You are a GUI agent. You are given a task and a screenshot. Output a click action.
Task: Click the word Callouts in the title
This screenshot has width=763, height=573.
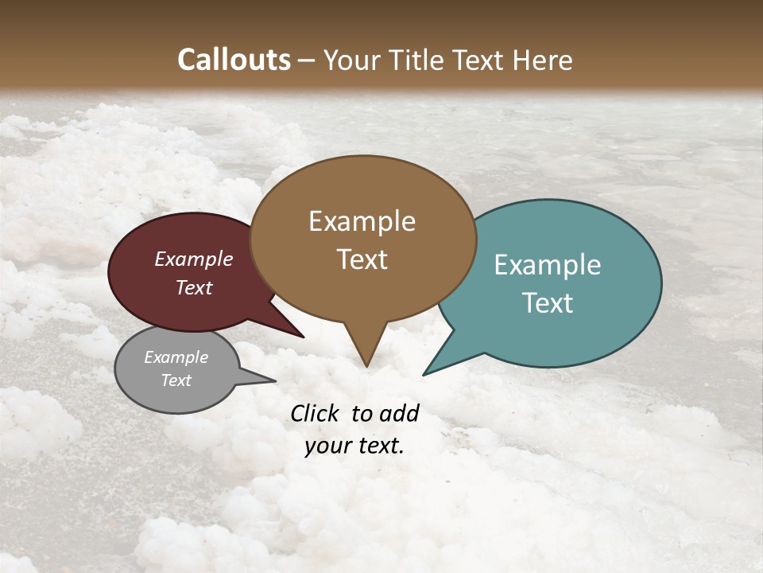234,60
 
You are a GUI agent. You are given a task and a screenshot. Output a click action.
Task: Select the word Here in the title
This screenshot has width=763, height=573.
544,60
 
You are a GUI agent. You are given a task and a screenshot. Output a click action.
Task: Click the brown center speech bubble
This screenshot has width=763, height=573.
363,239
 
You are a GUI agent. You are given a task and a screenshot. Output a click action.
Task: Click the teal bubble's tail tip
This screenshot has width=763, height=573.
424,374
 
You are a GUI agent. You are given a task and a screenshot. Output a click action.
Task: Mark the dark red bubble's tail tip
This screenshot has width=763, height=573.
304,337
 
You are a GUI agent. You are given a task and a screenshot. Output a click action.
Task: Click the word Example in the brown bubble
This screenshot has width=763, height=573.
362,221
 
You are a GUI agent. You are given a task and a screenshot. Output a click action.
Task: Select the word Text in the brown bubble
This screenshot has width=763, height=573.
362,259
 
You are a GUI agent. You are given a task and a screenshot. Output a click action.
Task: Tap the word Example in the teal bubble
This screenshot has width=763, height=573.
548,265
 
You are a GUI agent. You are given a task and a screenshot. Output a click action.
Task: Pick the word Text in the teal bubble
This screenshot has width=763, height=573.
548,303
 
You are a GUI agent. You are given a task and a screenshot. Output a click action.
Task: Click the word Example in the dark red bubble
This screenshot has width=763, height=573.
193,259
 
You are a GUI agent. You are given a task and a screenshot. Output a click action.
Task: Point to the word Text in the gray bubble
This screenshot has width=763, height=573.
176,380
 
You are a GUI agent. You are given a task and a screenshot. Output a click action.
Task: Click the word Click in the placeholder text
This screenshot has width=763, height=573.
316,413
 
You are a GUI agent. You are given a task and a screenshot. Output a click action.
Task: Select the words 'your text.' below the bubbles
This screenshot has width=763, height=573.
354,446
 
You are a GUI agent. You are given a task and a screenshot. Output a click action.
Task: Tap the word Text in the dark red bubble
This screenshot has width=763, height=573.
194,287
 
